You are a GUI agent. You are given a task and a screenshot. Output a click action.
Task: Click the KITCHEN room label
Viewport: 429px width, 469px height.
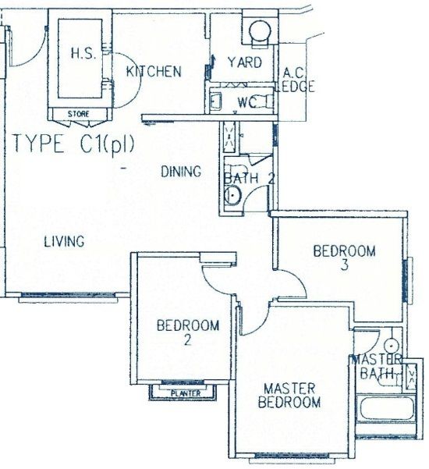pyautogui.click(x=154, y=72)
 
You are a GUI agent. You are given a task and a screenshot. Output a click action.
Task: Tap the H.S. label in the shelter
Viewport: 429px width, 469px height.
pyautogui.click(x=83, y=54)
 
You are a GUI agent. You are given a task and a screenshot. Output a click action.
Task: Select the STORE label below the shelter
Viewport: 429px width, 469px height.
pyautogui.click(x=78, y=114)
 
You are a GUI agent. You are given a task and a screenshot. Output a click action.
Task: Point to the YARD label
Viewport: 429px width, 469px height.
pyautogui.click(x=245, y=62)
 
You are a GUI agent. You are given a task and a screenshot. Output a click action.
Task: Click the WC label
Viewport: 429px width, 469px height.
pyautogui.click(x=247, y=102)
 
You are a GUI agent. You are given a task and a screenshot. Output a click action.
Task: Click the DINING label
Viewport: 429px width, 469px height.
pyautogui.click(x=181, y=172)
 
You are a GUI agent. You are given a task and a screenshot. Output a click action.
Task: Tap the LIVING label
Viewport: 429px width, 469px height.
pyautogui.click(x=64, y=241)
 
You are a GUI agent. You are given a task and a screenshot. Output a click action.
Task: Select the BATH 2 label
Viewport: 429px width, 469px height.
pyautogui.click(x=250, y=179)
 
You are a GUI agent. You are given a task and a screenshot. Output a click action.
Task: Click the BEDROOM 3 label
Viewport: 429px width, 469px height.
pyautogui.click(x=345, y=258)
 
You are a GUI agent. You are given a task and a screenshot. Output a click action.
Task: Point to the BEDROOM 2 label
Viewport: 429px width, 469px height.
pyautogui.click(x=188, y=332)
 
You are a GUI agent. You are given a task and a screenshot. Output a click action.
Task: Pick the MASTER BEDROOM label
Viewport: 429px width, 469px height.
pyautogui.click(x=289, y=396)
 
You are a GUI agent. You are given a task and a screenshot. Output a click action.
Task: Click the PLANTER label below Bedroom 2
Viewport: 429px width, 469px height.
pyautogui.click(x=186, y=393)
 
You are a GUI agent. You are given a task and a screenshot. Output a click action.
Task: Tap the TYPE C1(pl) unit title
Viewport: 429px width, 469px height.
pyautogui.click(x=73, y=144)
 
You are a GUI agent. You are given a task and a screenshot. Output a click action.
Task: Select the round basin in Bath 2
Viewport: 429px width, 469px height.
pyautogui.click(x=232, y=196)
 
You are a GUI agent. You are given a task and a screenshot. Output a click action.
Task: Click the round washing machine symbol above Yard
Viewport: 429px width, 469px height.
pyautogui.click(x=261, y=30)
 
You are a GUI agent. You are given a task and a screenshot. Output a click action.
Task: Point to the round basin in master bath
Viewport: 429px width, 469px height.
pyautogui.click(x=392, y=346)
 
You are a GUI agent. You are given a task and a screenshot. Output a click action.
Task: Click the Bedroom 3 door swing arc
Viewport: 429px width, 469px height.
pyautogui.click(x=297, y=278)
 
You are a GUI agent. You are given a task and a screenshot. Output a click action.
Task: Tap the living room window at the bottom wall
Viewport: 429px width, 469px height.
pyautogui.click(x=69, y=295)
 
